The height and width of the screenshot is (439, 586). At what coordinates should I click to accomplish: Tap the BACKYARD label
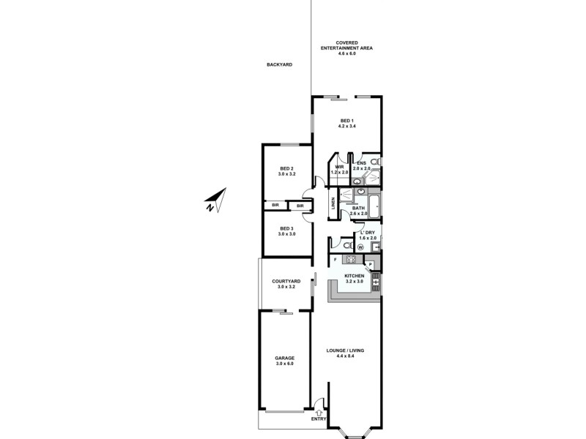[279, 64]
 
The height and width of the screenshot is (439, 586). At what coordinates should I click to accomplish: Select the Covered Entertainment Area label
[346, 48]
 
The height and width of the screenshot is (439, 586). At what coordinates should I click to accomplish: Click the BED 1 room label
[346, 124]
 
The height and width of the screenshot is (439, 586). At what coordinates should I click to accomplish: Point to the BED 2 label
[286, 171]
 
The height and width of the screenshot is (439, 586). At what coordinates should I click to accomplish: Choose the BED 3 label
[286, 231]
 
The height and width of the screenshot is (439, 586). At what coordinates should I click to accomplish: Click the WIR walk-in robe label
[339, 169]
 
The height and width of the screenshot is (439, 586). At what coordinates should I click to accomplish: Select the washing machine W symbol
[360, 247]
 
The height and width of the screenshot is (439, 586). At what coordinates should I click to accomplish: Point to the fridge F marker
[335, 260]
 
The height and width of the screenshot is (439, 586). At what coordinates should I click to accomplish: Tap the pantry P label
[370, 264]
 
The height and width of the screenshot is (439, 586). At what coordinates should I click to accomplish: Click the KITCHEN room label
[354, 278]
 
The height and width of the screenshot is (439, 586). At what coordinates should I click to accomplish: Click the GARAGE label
[285, 361]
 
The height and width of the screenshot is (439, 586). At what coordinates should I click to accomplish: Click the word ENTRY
[318, 419]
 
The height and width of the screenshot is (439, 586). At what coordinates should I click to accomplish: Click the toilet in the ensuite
[374, 162]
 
